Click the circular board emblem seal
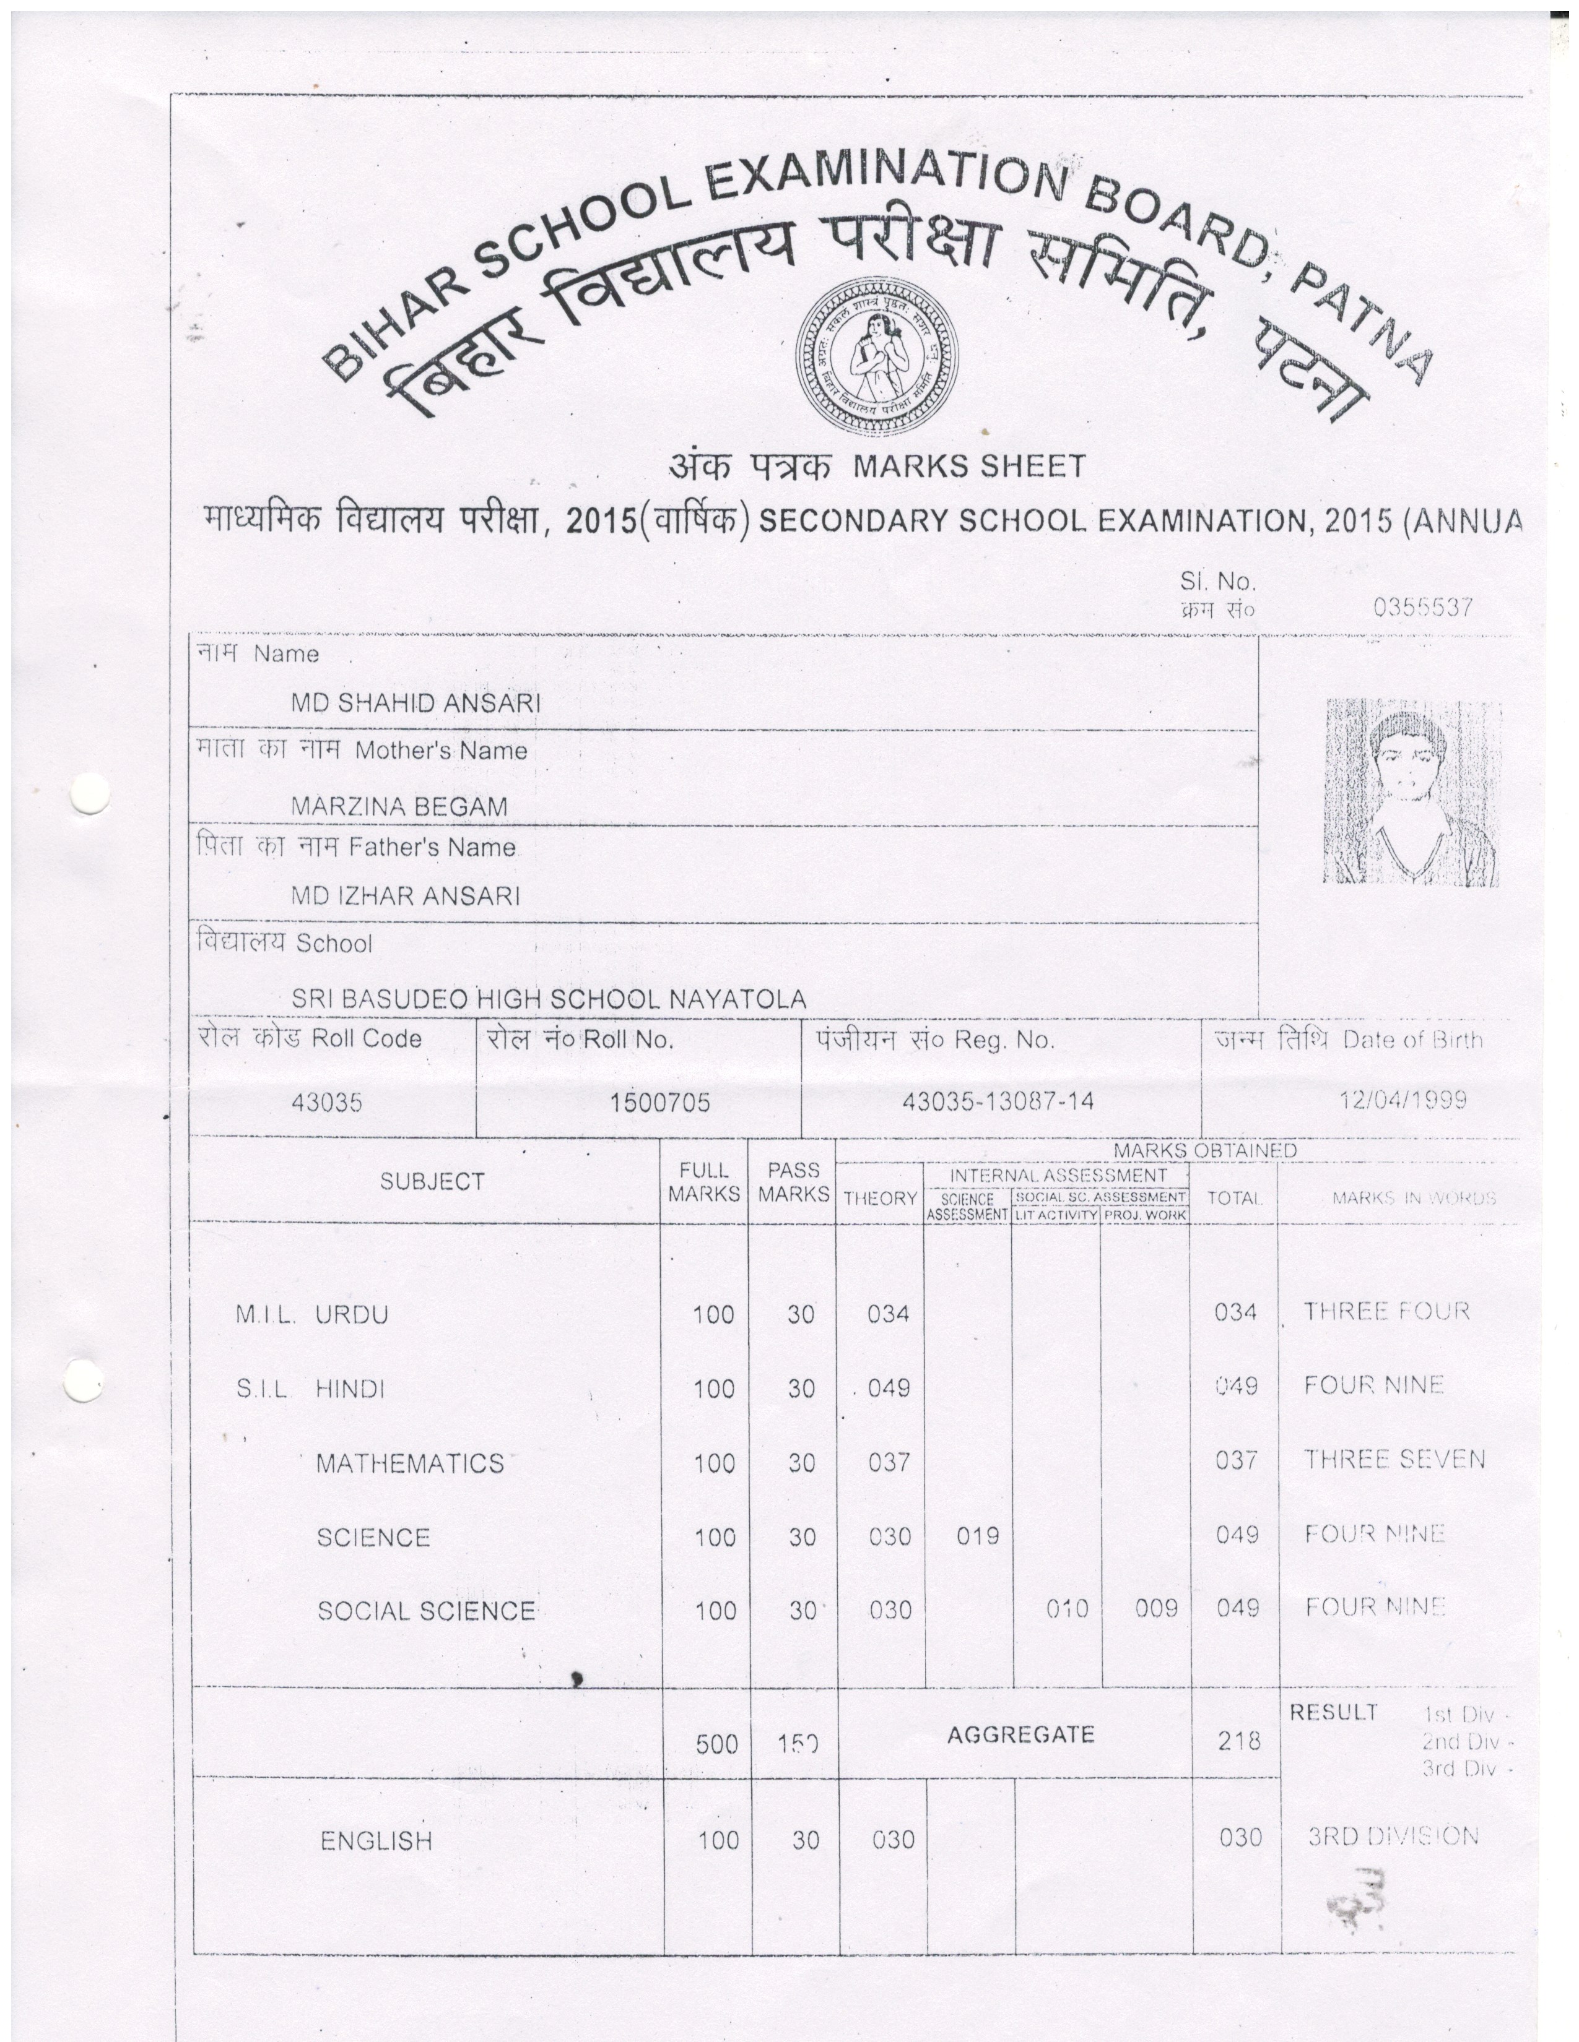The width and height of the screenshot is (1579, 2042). tap(876, 356)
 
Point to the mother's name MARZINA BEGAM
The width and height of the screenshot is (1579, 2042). tap(399, 806)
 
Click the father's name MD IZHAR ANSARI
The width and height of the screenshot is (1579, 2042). tap(405, 896)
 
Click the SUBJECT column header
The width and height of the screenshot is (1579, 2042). tap(432, 1182)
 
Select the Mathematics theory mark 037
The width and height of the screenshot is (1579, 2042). tap(889, 1462)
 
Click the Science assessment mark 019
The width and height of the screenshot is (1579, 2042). tap(978, 1535)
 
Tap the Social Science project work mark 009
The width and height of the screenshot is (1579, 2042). tap(1156, 1608)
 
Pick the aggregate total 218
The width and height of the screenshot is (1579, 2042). tap(1238, 1741)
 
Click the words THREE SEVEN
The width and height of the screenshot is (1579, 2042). tap(1394, 1460)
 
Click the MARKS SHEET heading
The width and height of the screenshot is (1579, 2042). tap(968, 465)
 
